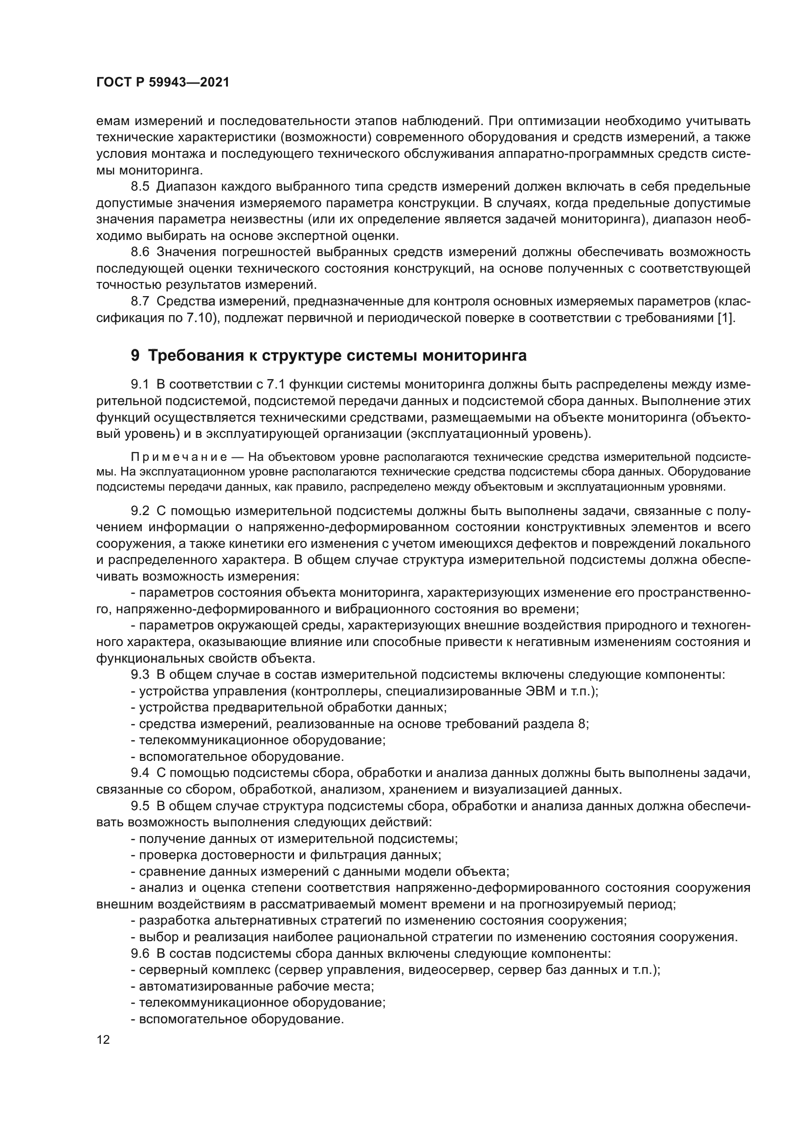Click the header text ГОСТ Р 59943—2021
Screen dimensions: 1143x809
pos(163,83)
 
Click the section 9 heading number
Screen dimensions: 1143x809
pos(135,356)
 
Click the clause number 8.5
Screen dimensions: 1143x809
pos(140,187)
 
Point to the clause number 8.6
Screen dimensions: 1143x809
pos(140,252)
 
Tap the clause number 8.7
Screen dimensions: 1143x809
pos(140,302)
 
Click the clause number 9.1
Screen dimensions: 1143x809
pos(140,384)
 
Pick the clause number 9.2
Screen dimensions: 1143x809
pos(140,511)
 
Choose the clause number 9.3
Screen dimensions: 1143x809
pos(140,675)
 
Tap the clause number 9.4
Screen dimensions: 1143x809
pos(140,773)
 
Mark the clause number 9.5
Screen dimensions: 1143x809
pos(140,806)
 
